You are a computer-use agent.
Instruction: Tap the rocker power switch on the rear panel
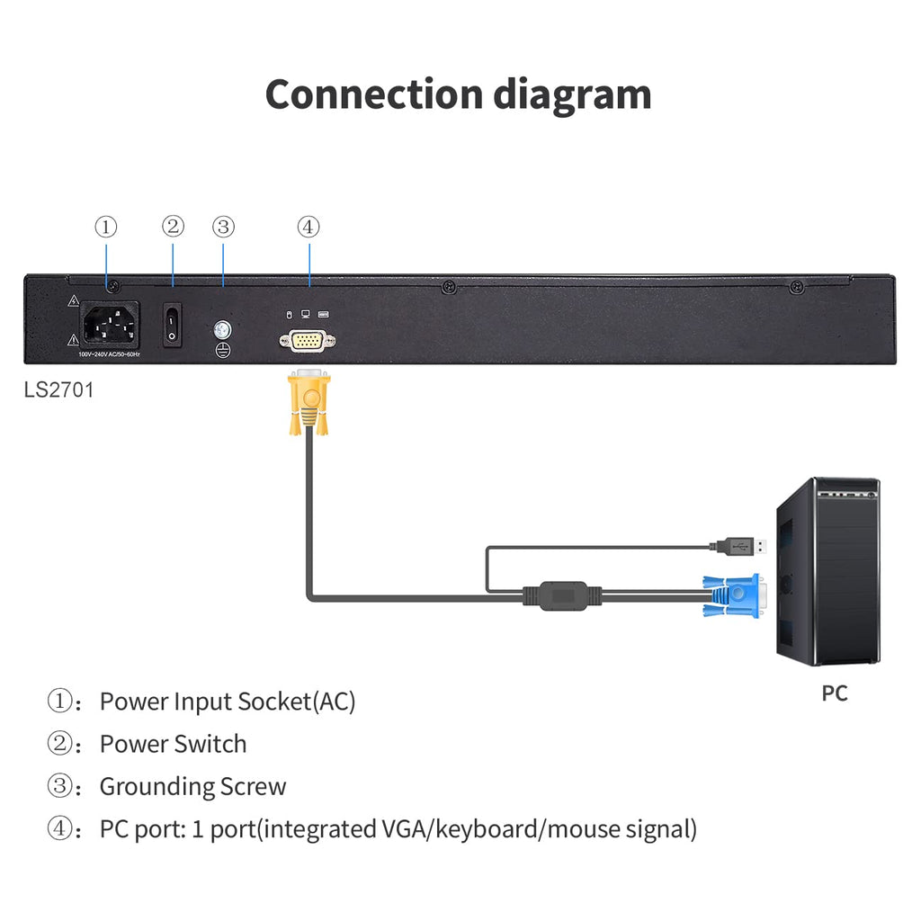(172, 325)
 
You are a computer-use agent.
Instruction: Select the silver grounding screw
(222, 330)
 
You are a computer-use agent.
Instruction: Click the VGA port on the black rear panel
(308, 341)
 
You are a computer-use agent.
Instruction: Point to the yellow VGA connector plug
(309, 402)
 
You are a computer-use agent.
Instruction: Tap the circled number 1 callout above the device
(106, 227)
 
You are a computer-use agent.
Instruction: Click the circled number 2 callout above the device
(173, 226)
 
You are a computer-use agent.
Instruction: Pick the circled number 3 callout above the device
(223, 227)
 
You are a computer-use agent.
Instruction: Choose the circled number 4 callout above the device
(308, 227)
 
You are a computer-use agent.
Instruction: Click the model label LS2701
(58, 390)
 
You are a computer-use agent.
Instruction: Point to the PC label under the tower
(834, 693)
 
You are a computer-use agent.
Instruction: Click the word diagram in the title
(572, 96)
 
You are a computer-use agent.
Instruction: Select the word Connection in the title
(374, 94)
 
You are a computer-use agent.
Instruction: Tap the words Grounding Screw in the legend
(192, 786)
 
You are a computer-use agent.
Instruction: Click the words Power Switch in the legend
(174, 744)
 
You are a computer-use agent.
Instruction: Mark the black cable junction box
(563, 596)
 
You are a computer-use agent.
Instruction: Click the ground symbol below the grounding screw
(223, 350)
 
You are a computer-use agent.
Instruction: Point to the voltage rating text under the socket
(109, 354)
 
